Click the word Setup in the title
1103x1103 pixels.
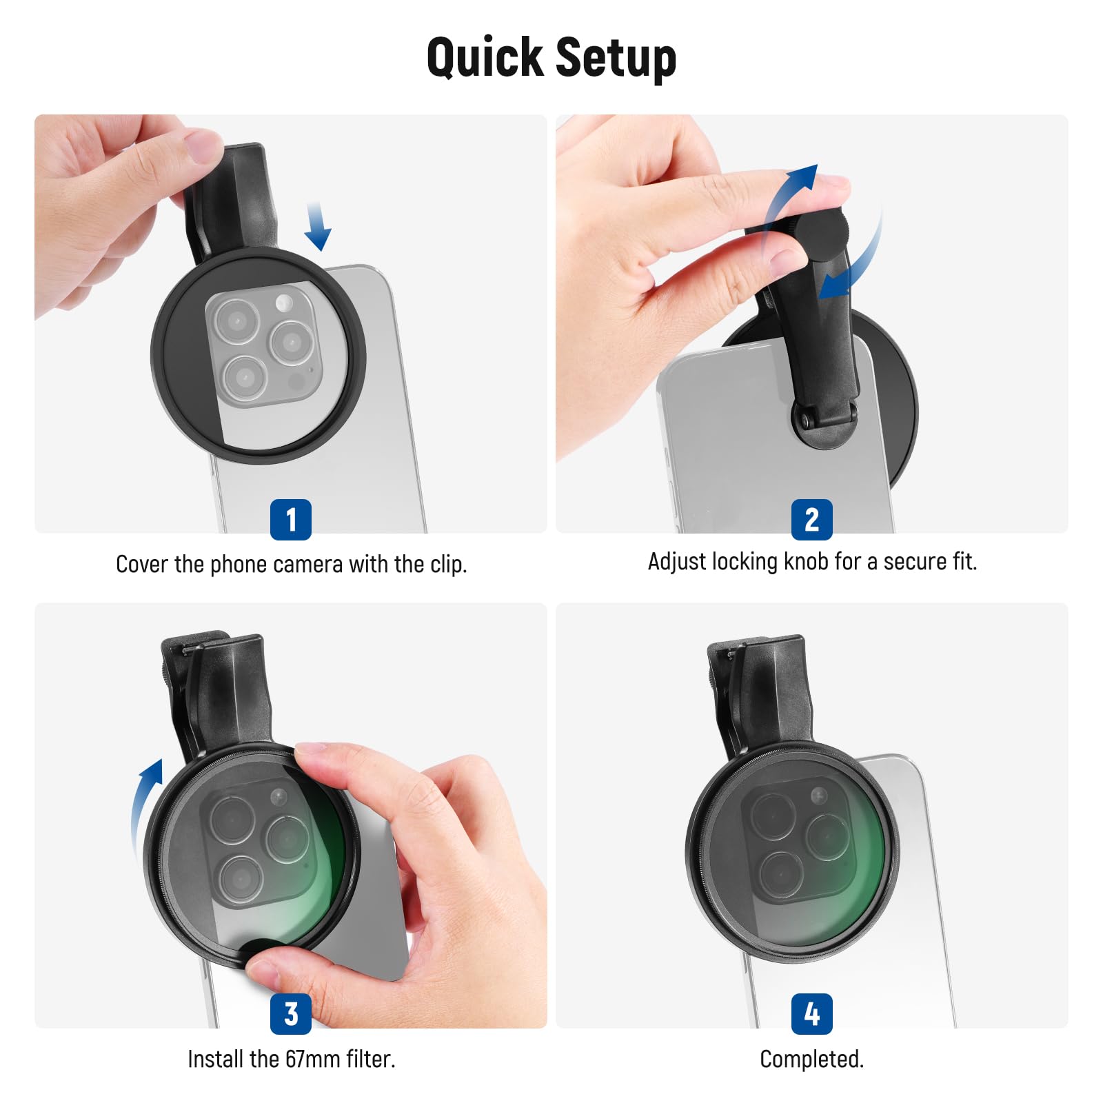[615, 58]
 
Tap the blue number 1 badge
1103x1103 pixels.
[290, 519]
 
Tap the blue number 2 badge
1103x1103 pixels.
[811, 519]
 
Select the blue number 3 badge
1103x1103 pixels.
[290, 1013]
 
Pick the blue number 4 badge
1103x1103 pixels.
[811, 1013]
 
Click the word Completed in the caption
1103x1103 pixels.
[811, 1059]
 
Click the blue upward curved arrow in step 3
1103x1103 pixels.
[147, 800]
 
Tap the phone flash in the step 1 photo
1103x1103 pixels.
[283, 302]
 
